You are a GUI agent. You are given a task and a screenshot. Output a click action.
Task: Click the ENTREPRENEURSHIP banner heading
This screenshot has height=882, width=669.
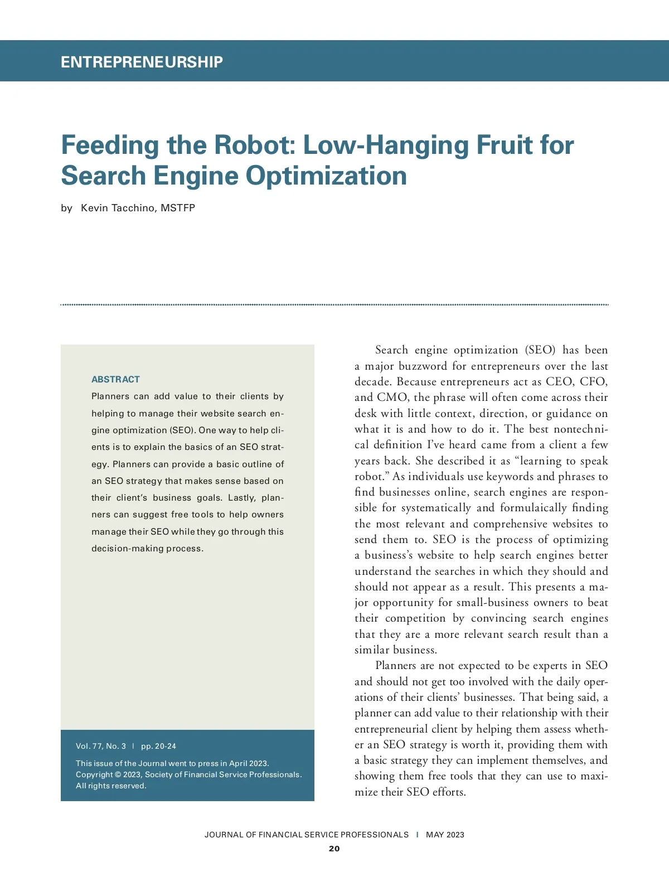(x=142, y=62)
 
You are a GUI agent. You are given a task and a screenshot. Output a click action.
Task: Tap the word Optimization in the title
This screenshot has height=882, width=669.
(x=326, y=176)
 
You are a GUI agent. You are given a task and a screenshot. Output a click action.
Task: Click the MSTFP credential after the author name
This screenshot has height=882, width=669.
(x=178, y=208)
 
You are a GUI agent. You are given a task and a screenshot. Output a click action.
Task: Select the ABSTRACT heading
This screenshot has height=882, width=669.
(x=115, y=379)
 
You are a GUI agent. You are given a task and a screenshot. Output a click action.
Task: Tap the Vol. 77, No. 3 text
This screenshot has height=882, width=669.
(x=101, y=746)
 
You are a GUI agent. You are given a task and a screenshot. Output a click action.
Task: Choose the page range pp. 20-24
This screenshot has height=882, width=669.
(x=158, y=746)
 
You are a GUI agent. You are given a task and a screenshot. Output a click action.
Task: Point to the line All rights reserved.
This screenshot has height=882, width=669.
(x=111, y=786)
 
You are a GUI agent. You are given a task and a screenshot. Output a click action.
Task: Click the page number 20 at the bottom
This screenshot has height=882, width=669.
(x=334, y=849)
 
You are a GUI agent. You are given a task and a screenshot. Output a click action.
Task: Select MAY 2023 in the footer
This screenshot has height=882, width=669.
(x=445, y=835)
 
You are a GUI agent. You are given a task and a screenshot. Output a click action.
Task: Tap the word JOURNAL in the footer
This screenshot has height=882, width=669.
(x=224, y=835)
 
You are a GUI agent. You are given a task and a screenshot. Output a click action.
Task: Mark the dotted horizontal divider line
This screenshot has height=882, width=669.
(x=334, y=305)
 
